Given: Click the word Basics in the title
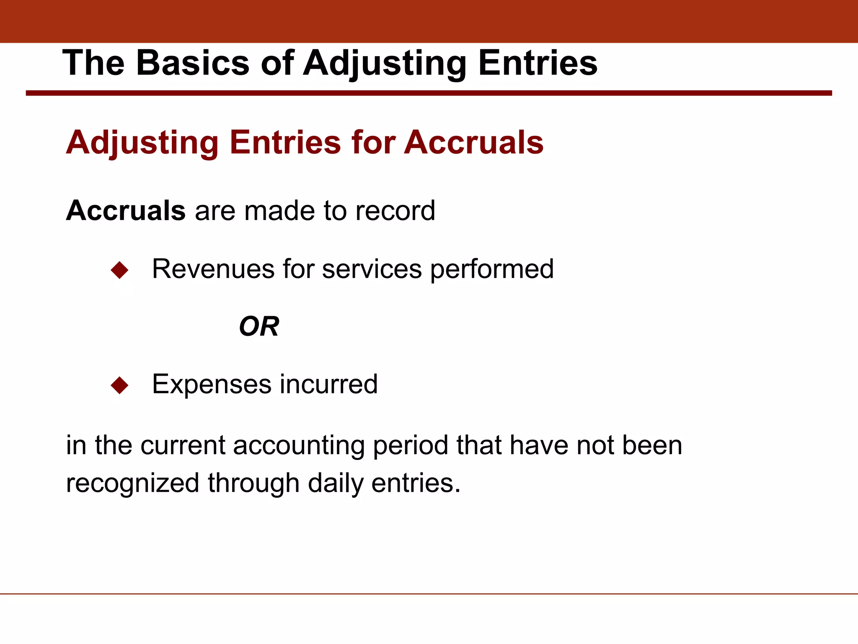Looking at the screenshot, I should pos(193,63).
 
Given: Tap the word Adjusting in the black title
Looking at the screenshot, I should pos(385,64).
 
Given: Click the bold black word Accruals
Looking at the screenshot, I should pos(126,210).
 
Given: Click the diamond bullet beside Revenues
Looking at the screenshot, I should pos(119,270).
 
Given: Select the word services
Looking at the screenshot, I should pos(372,269).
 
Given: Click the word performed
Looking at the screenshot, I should pos(492,270).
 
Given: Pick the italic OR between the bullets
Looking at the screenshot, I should pos(259,327).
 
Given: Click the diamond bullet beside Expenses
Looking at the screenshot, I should pos(119,385).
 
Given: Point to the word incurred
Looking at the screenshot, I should pos(328,384).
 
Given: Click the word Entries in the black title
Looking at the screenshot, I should pos(538,63).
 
